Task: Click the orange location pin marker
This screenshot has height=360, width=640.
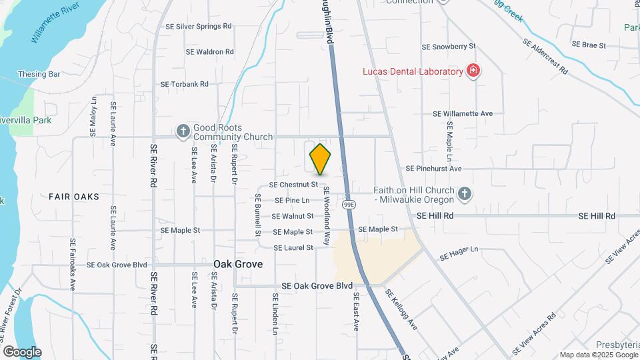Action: (x=321, y=159)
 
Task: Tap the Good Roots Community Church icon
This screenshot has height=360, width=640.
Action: (x=183, y=132)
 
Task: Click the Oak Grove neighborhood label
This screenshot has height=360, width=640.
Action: (x=238, y=264)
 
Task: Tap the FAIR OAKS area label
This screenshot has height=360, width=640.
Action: (x=74, y=197)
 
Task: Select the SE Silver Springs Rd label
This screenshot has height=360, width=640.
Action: (x=198, y=26)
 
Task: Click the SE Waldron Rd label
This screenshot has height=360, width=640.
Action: (x=210, y=51)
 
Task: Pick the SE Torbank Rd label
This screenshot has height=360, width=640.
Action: (x=185, y=85)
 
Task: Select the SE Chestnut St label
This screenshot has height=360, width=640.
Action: (x=293, y=185)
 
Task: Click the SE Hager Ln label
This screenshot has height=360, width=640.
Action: (x=459, y=252)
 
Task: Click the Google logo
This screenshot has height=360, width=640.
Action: (x=22, y=352)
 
